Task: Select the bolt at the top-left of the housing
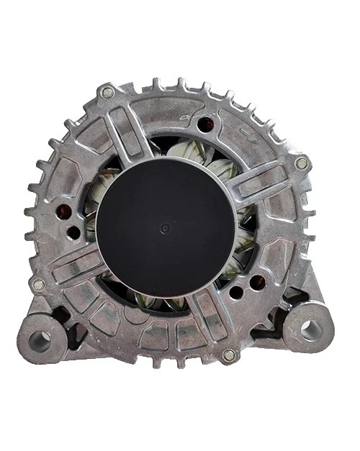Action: tap(108, 92)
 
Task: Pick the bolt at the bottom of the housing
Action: tap(229, 354)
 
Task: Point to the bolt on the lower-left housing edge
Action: tap(39, 285)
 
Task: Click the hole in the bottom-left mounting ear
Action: tap(41, 339)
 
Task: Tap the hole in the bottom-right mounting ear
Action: tap(310, 330)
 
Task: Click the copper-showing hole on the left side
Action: tap(63, 212)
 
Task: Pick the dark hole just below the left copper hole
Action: tap(73, 232)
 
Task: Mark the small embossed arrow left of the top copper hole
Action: tap(189, 115)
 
